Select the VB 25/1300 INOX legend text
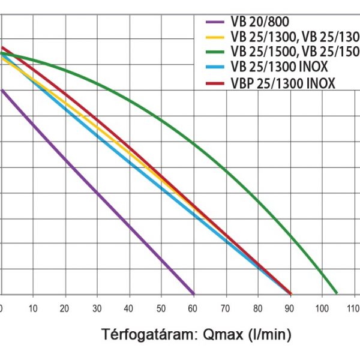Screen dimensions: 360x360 (278, 67)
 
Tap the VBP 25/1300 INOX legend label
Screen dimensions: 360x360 (282, 82)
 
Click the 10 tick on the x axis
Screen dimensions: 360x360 (33, 308)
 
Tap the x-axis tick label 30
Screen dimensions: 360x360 (97, 308)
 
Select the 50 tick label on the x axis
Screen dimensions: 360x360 (160, 308)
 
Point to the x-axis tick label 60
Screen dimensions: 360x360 (193, 308)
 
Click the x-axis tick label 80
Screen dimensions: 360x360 (258, 308)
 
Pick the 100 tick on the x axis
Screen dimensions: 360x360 (322, 308)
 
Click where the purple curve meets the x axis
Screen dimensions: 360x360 (194, 294)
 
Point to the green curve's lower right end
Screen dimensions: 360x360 (337, 293)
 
